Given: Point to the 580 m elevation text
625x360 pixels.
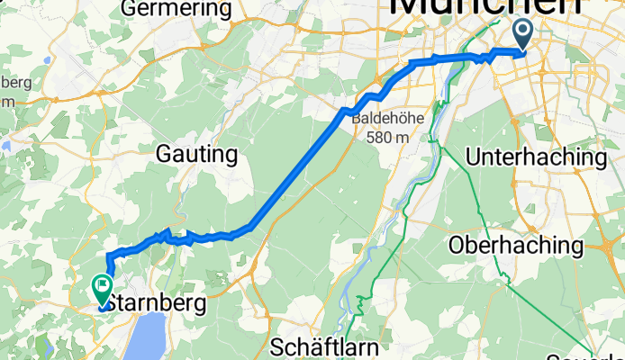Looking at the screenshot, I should pos(388,138).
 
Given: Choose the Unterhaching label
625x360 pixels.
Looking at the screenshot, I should pos(537,157).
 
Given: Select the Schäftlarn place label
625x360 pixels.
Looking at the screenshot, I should pos(332,346).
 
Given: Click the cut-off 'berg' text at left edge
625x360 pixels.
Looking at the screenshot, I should pos(14,83).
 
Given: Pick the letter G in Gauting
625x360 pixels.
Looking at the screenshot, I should pos(165,155).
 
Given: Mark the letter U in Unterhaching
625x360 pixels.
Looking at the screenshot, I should pos(474,157).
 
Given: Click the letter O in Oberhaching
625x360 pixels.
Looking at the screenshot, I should pos(457,246).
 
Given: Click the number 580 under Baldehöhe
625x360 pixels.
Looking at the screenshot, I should pos(378,138).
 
